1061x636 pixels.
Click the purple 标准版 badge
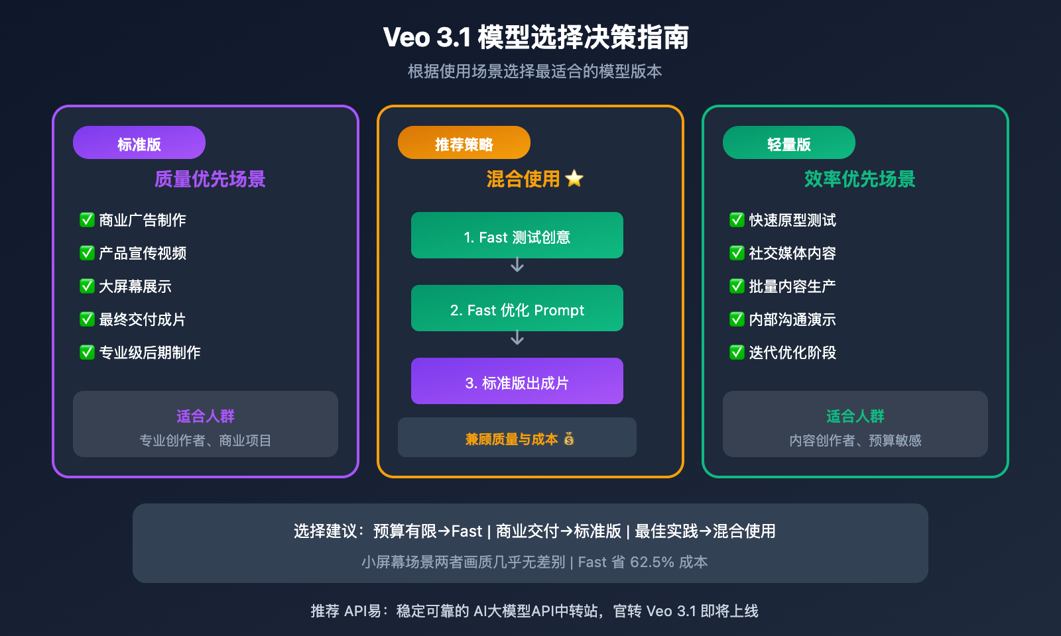(x=139, y=143)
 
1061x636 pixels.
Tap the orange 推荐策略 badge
(x=464, y=143)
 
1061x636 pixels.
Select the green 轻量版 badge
(x=789, y=143)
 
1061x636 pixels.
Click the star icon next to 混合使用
(x=574, y=179)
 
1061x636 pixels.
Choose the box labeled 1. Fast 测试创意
(x=517, y=236)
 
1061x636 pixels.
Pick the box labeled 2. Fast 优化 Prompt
(x=517, y=309)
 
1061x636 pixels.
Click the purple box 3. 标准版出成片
(x=517, y=382)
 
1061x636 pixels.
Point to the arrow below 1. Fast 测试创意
(x=517, y=266)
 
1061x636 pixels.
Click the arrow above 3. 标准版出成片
(x=517, y=339)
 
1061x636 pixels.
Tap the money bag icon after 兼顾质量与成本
(x=569, y=439)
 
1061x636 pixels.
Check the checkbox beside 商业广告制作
(x=87, y=220)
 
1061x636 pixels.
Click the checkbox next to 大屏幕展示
(x=87, y=286)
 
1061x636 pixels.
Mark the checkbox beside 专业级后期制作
(x=87, y=352)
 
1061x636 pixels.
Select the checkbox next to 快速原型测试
(x=737, y=220)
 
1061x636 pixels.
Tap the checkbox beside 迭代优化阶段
(x=737, y=352)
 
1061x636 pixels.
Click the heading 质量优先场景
(x=210, y=179)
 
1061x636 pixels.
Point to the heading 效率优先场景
(x=859, y=179)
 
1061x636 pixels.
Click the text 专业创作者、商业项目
(x=206, y=441)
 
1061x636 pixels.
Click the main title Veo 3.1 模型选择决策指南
(x=536, y=37)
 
